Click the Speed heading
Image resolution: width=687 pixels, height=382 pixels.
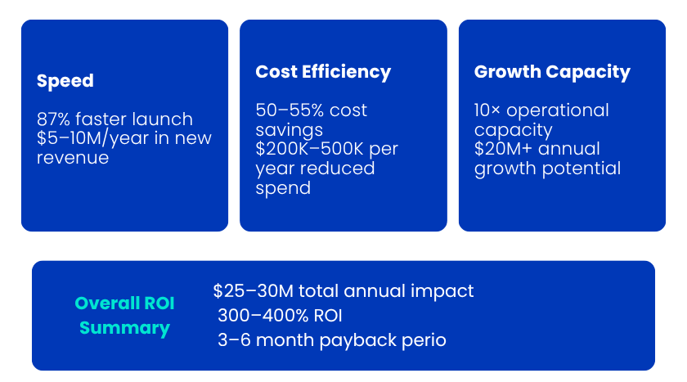point(65,81)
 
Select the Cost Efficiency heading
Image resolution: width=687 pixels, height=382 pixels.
point(323,72)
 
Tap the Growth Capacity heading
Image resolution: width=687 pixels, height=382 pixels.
point(552,72)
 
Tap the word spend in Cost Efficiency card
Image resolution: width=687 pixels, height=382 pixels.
point(283,187)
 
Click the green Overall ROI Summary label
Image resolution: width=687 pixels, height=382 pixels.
point(124,316)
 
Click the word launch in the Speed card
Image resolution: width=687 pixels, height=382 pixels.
point(164,119)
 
